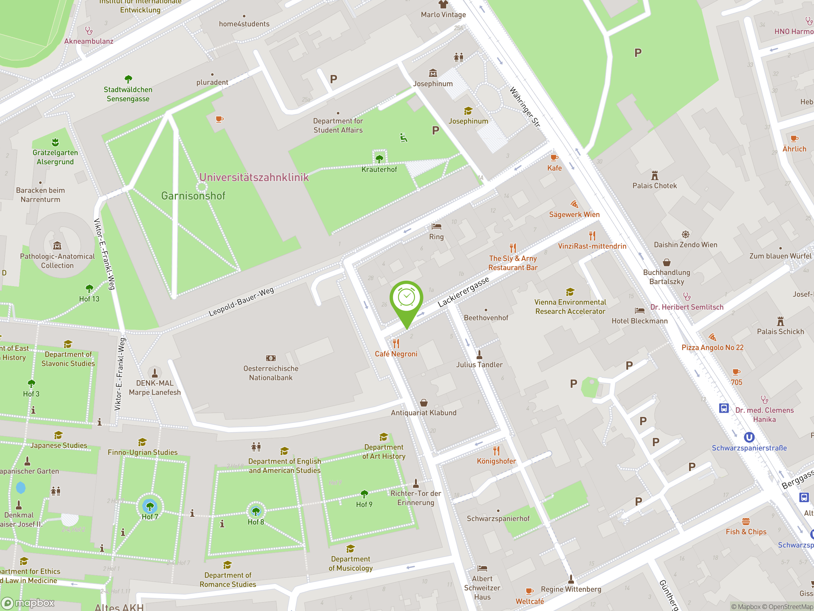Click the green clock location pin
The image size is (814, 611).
click(406, 298)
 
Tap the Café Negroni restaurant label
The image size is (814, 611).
click(396, 354)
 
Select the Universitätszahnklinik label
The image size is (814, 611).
click(254, 178)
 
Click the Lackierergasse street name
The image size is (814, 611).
click(463, 292)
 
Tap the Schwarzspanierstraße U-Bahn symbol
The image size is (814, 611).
click(749, 437)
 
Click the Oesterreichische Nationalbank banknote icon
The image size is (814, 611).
click(271, 358)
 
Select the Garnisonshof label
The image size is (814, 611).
click(193, 196)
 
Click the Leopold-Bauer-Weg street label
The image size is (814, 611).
click(241, 302)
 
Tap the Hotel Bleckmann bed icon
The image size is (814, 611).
click(639, 311)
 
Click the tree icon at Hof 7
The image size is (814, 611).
click(150, 507)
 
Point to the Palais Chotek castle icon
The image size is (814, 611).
click(655, 175)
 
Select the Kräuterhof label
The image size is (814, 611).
click(379, 169)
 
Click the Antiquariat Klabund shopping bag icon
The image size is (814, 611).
click(424, 403)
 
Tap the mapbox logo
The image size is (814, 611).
click(28, 603)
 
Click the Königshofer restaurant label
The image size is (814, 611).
click(496, 461)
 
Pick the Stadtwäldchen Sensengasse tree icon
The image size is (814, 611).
click(128, 79)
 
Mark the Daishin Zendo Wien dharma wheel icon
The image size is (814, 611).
click(685, 234)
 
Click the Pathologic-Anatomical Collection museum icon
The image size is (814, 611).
click(57, 246)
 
